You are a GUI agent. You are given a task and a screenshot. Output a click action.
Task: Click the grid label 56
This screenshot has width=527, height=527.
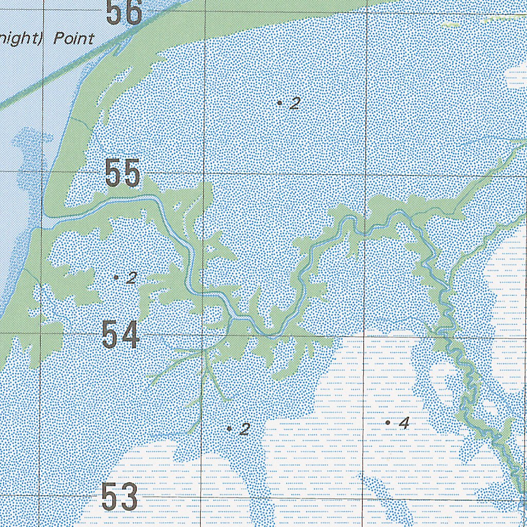124,12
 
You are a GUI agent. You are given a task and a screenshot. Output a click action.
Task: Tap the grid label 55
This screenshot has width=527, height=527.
122,173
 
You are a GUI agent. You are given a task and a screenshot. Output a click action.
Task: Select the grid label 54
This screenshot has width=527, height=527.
120,335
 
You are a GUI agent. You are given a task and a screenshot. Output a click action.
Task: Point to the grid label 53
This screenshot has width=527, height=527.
119,497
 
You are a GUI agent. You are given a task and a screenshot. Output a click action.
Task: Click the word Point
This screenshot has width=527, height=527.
74,39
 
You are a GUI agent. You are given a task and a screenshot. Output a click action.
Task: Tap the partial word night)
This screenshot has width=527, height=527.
23,39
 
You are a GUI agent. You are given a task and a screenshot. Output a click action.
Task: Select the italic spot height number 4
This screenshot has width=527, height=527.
404,423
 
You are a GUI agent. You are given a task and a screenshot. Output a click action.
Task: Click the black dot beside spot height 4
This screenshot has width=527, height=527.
388,423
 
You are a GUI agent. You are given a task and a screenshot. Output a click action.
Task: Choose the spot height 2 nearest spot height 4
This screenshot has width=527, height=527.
245,429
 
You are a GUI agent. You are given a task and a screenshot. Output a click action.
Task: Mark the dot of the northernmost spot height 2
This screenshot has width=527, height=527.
279,103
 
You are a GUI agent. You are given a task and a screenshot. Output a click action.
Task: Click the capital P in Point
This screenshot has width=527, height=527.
58,39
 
